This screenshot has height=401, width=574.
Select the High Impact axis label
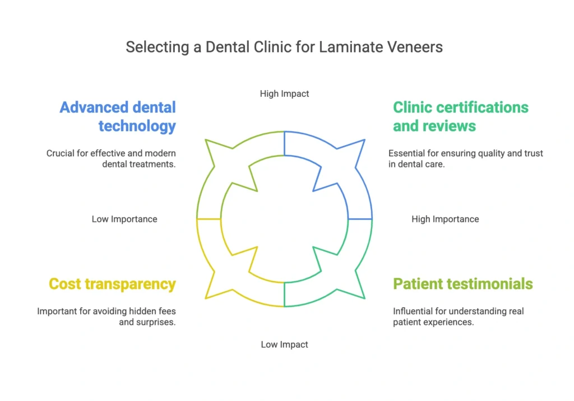click(284, 94)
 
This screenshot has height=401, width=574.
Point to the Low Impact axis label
click(284, 344)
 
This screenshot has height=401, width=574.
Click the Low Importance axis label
click(124, 219)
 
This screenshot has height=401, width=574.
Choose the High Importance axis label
click(445, 219)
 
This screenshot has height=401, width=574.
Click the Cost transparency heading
click(112, 284)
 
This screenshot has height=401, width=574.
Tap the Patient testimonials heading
click(462, 284)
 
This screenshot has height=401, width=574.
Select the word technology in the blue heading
click(137, 126)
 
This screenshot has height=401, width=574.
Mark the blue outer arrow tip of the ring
click(364, 140)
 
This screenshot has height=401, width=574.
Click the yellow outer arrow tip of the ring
click(206, 298)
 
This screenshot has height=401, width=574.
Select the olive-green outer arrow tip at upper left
click(206, 140)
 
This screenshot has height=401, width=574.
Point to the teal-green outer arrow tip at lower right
click(364, 298)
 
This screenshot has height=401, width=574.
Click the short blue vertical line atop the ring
click(284, 144)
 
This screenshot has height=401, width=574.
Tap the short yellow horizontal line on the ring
click(209, 219)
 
